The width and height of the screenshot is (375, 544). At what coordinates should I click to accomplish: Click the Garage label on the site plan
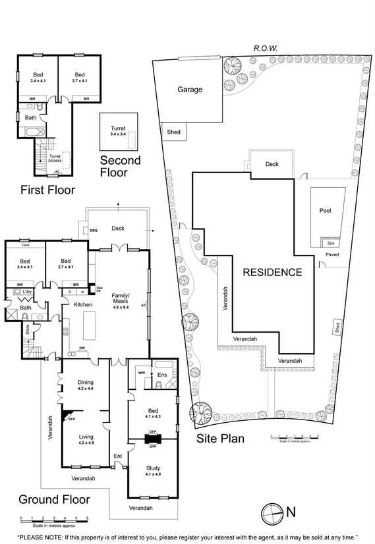point(189,90)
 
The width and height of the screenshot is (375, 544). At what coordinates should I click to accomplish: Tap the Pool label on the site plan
point(325,211)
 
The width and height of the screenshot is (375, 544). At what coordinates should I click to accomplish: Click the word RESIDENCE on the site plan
point(272,272)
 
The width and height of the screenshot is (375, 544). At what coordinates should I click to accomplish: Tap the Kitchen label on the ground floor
point(83,304)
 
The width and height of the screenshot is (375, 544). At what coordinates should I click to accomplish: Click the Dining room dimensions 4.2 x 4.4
point(86,389)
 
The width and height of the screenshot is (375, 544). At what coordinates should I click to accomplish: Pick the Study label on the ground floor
point(153,468)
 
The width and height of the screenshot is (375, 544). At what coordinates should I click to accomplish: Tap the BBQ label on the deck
point(94,230)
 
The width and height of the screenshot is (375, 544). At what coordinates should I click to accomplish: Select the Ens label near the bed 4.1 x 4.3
point(162,375)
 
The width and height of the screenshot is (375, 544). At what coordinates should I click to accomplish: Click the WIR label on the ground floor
point(140,372)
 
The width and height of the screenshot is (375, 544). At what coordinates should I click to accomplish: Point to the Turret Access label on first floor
point(55,157)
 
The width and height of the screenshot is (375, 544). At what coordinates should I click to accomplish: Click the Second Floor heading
point(120,167)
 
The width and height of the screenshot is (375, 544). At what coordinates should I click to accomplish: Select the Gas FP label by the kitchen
point(100,290)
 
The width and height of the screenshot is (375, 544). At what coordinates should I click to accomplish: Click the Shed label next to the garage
point(173,132)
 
